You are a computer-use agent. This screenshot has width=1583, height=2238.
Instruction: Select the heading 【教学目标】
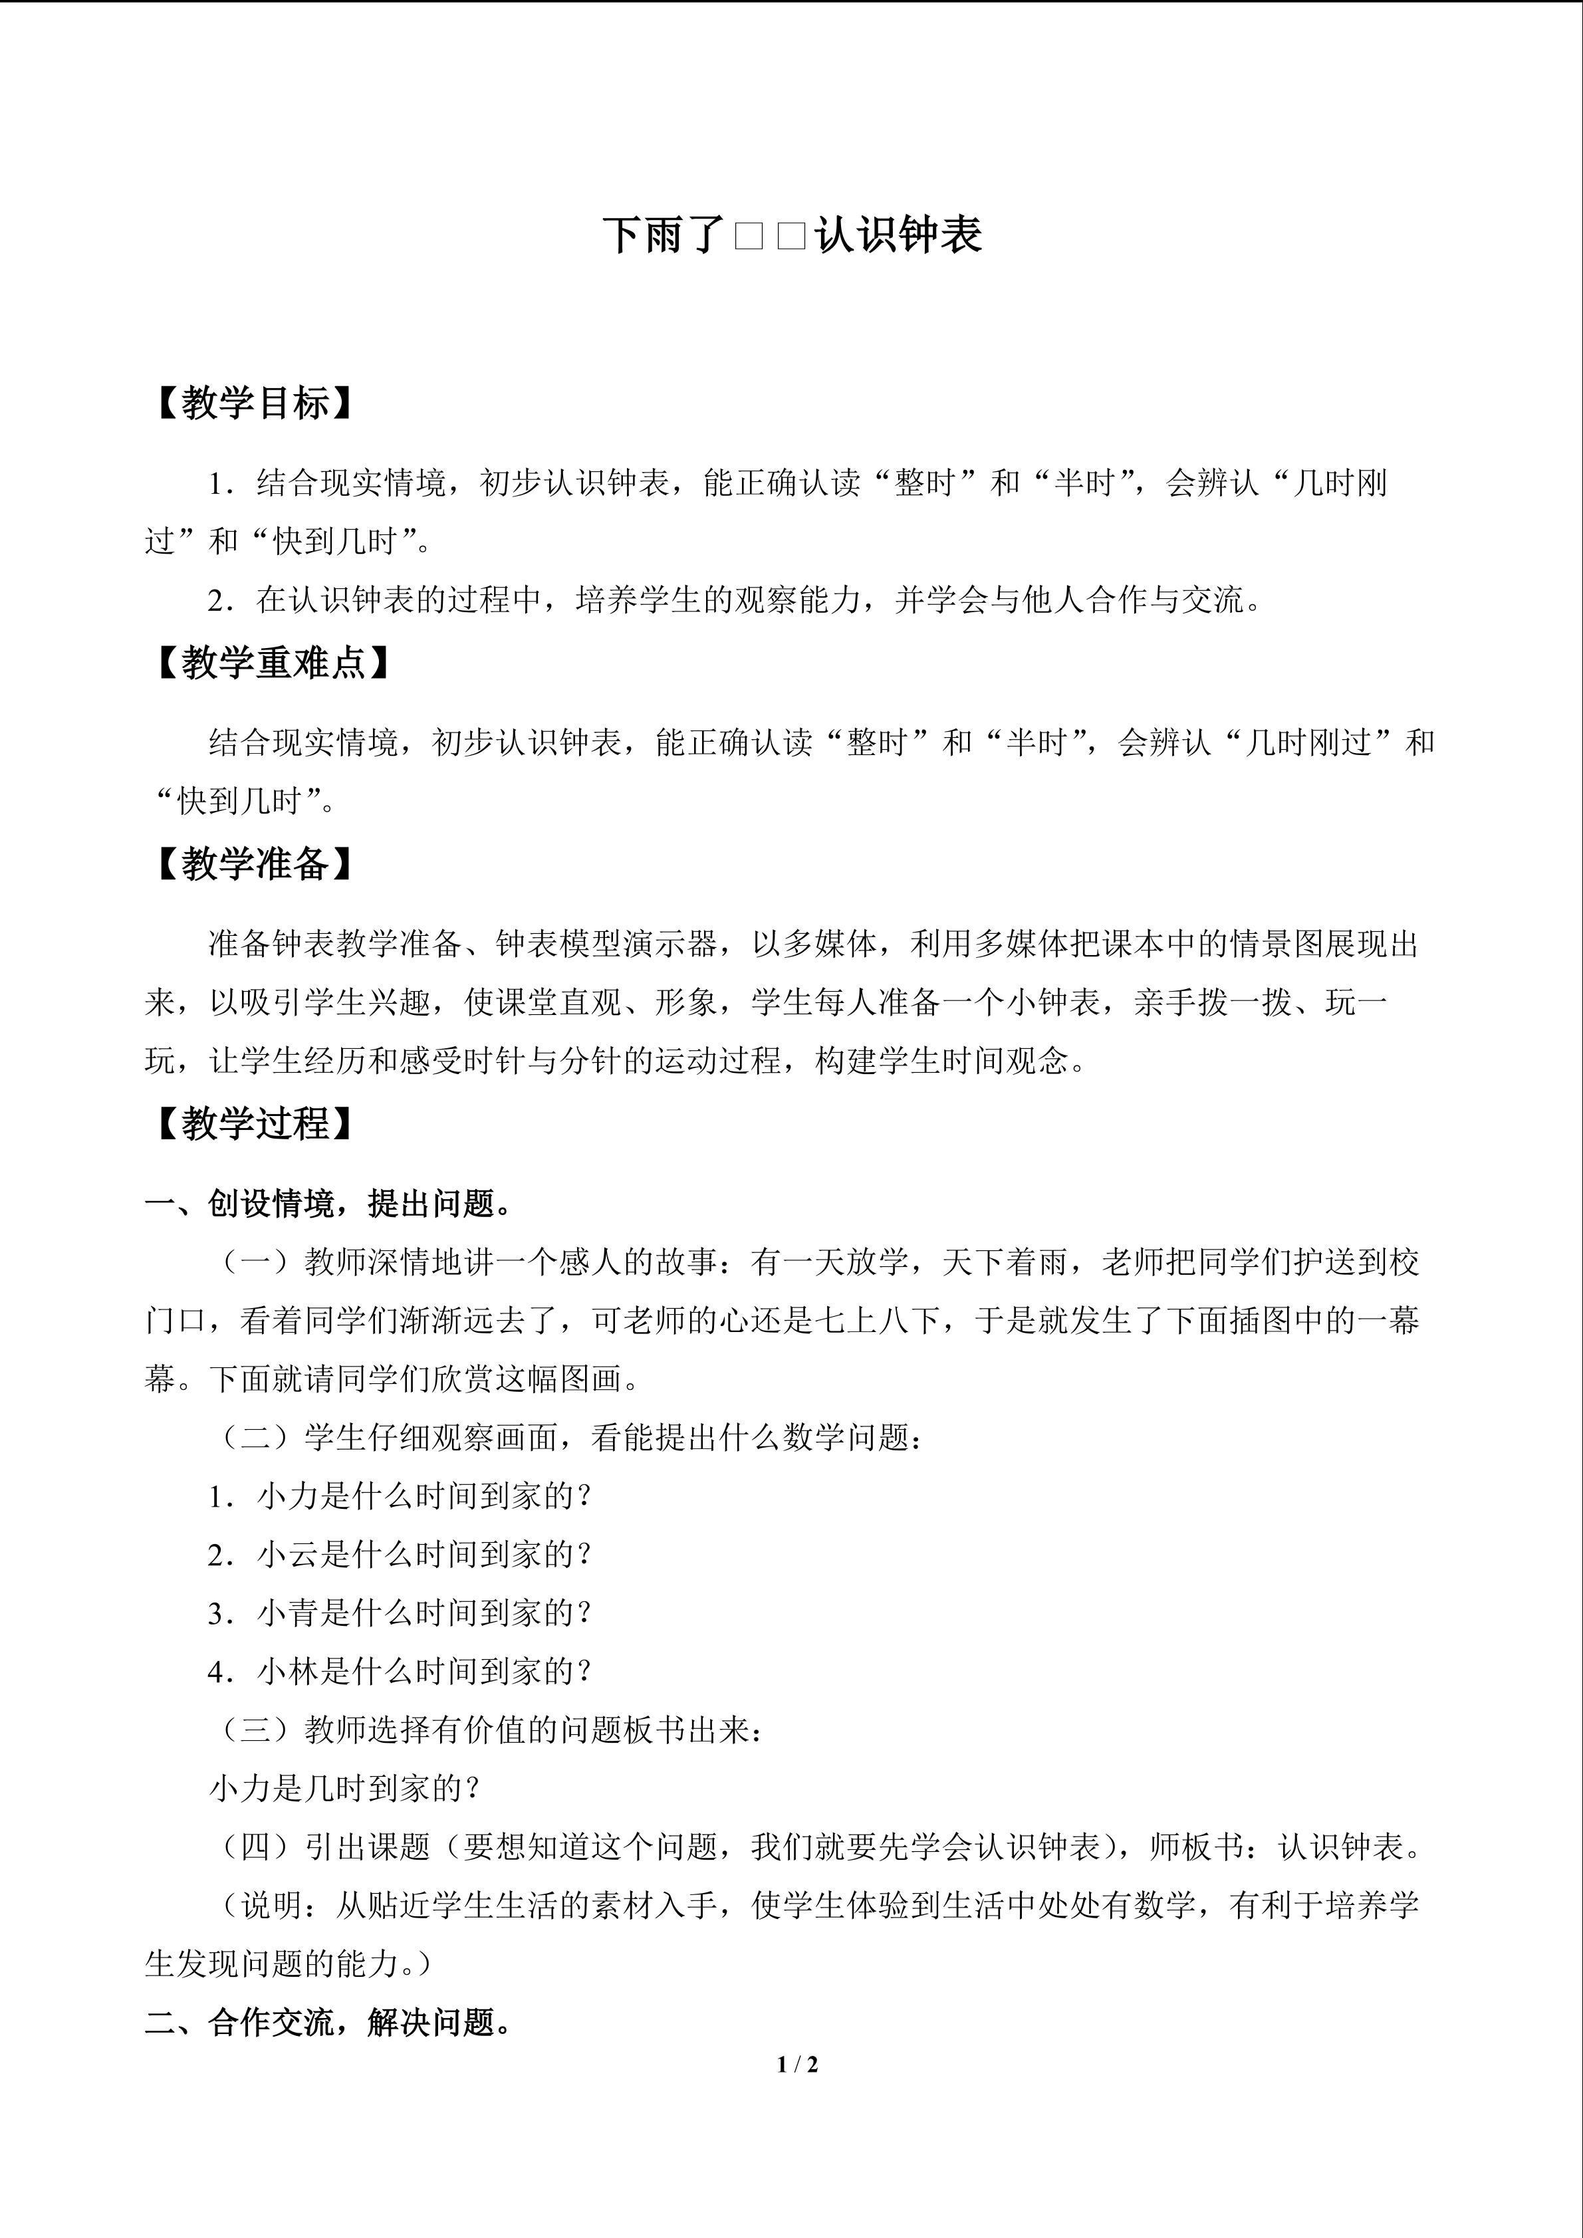point(251,403)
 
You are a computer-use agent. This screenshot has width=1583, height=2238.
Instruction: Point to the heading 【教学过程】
point(251,1124)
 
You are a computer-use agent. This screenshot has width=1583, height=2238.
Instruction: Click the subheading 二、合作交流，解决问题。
point(330,2023)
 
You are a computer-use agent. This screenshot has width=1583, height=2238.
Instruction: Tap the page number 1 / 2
point(797,2064)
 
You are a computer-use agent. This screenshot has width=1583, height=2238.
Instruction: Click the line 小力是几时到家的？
point(345,1789)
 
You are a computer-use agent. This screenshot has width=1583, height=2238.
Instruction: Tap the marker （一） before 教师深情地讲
point(257,1262)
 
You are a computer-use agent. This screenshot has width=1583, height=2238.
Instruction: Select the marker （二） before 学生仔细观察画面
point(257,1438)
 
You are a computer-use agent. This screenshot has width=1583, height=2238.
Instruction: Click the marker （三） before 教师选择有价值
point(257,1730)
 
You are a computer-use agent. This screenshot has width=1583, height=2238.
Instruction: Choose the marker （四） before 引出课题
point(257,1847)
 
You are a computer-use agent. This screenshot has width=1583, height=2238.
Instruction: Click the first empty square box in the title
point(749,237)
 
